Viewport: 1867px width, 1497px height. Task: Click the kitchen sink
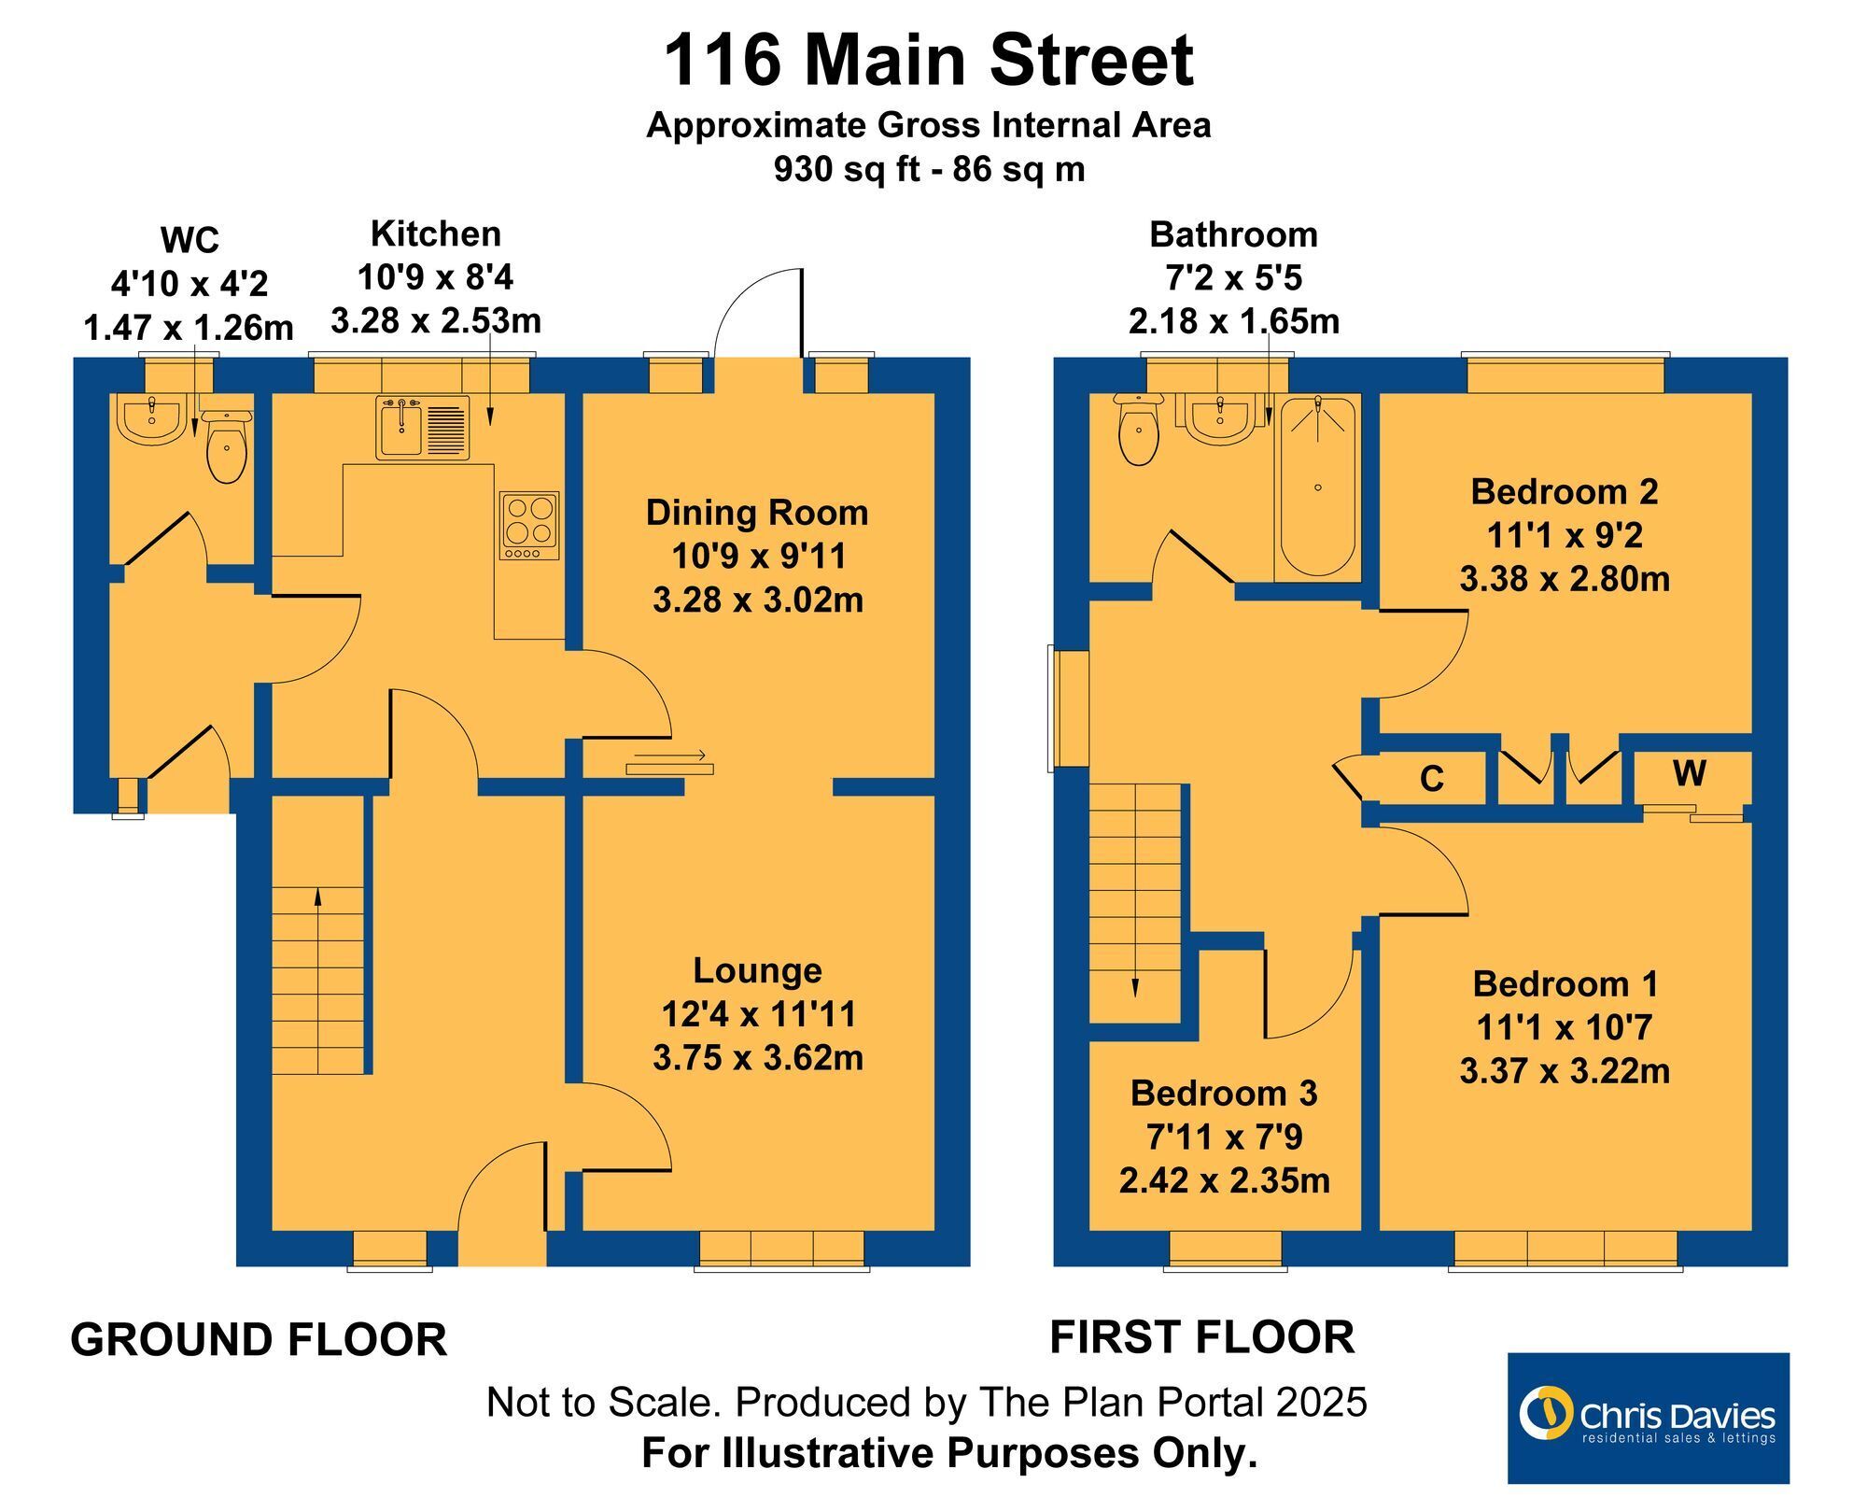(x=423, y=428)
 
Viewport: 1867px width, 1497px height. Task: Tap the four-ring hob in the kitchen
(x=528, y=526)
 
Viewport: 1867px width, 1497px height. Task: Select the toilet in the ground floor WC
(x=226, y=447)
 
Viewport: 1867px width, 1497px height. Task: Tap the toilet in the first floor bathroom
(x=1138, y=429)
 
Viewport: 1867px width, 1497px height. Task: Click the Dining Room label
(x=757, y=513)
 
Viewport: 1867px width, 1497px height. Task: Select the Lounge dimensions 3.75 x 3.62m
(x=758, y=1058)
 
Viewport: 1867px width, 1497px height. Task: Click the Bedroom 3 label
(x=1224, y=1094)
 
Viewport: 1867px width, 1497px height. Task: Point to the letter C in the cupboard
(x=1431, y=779)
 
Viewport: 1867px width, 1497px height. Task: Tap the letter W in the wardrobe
(x=1690, y=773)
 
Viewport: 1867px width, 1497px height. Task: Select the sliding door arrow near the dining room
(x=669, y=755)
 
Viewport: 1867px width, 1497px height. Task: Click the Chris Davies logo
(x=1649, y=1418)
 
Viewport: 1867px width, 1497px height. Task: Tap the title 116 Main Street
(x=928, y=60)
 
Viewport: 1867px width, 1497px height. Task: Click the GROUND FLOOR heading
(x=259, y=1339)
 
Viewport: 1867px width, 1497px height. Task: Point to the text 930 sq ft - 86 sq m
(x=929, y=169)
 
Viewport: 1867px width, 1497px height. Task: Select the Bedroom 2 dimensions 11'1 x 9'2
(x=1565, y=535)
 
